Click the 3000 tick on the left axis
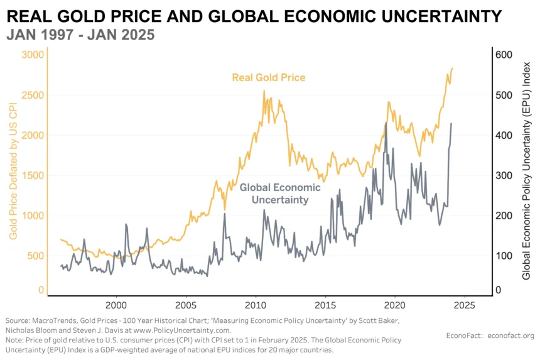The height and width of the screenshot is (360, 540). point(33,55)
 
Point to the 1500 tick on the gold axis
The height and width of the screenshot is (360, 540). point(33,175)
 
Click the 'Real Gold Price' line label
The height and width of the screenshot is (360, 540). point(269,78)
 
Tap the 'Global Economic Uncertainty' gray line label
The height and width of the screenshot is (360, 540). point(280,194)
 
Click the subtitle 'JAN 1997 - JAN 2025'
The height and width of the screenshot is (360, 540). point(80,35)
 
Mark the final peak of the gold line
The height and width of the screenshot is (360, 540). point(452,68)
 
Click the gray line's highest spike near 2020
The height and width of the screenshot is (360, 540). point(386,123)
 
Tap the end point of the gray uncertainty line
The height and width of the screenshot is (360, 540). point(451,124)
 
